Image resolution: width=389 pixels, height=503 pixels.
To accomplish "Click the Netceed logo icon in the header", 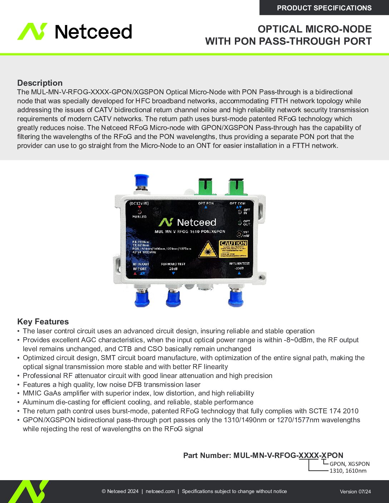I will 32,31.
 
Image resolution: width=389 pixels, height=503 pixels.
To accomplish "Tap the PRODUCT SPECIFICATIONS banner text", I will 324,8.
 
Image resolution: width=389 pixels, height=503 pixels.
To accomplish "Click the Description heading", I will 40,83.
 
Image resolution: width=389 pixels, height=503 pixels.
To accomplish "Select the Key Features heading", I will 43,322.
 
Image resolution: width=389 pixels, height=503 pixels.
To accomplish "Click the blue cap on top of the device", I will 142,180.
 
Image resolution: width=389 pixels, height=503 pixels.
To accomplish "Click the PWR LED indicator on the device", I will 139,212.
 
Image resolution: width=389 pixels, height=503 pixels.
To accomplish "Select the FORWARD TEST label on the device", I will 173,264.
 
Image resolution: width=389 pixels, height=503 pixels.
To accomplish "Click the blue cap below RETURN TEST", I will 236,298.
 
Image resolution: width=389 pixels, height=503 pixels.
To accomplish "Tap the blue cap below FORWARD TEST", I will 173,298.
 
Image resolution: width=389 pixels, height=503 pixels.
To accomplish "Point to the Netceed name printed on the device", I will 196,223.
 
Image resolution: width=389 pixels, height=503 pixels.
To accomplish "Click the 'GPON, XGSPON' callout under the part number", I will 349,464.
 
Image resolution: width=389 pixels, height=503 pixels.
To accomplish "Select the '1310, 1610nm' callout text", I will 348,471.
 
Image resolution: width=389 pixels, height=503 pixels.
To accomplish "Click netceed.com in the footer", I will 160,491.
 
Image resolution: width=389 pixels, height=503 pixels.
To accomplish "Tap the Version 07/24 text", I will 355,492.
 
